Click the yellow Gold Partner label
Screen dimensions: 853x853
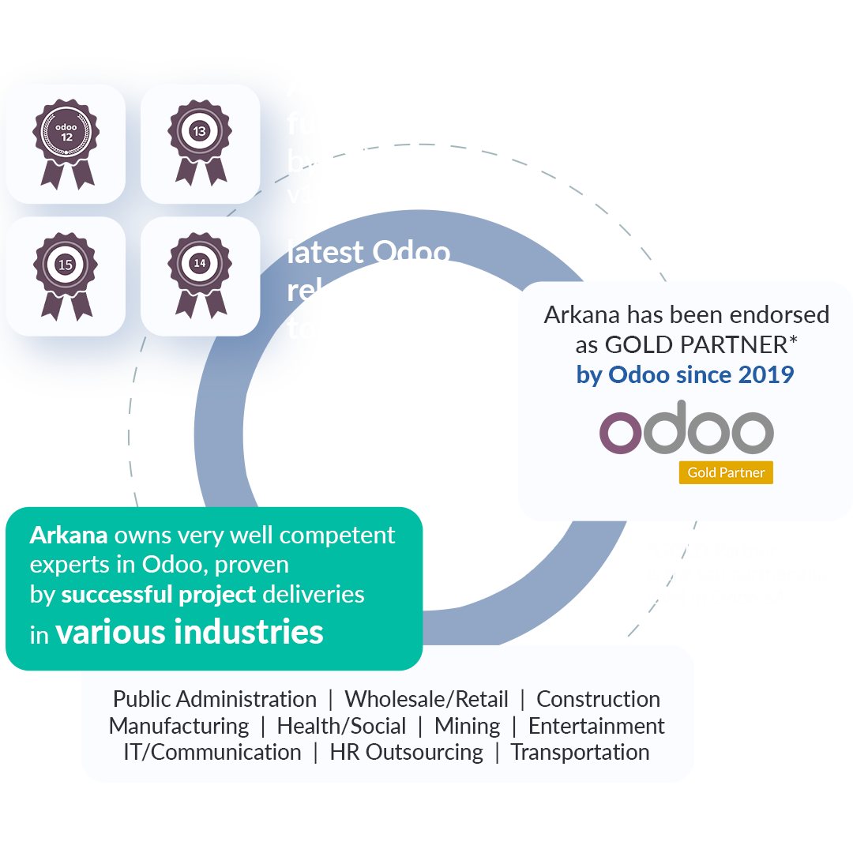coord(725,472)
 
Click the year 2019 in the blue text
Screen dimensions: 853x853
coord(765,374)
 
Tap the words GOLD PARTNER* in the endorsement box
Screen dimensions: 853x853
coord(697,345)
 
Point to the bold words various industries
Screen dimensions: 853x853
coord(190,633)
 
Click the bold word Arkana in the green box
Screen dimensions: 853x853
coord(69,535)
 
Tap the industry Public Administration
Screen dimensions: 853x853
coord(215,700)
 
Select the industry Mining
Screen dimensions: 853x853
coord(467,726)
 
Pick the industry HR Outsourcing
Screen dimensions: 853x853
coord(406,753)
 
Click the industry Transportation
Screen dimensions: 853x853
coord(580,753)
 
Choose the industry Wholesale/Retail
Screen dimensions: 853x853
coord(426,700)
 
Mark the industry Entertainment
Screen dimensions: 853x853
coord(596,726)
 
